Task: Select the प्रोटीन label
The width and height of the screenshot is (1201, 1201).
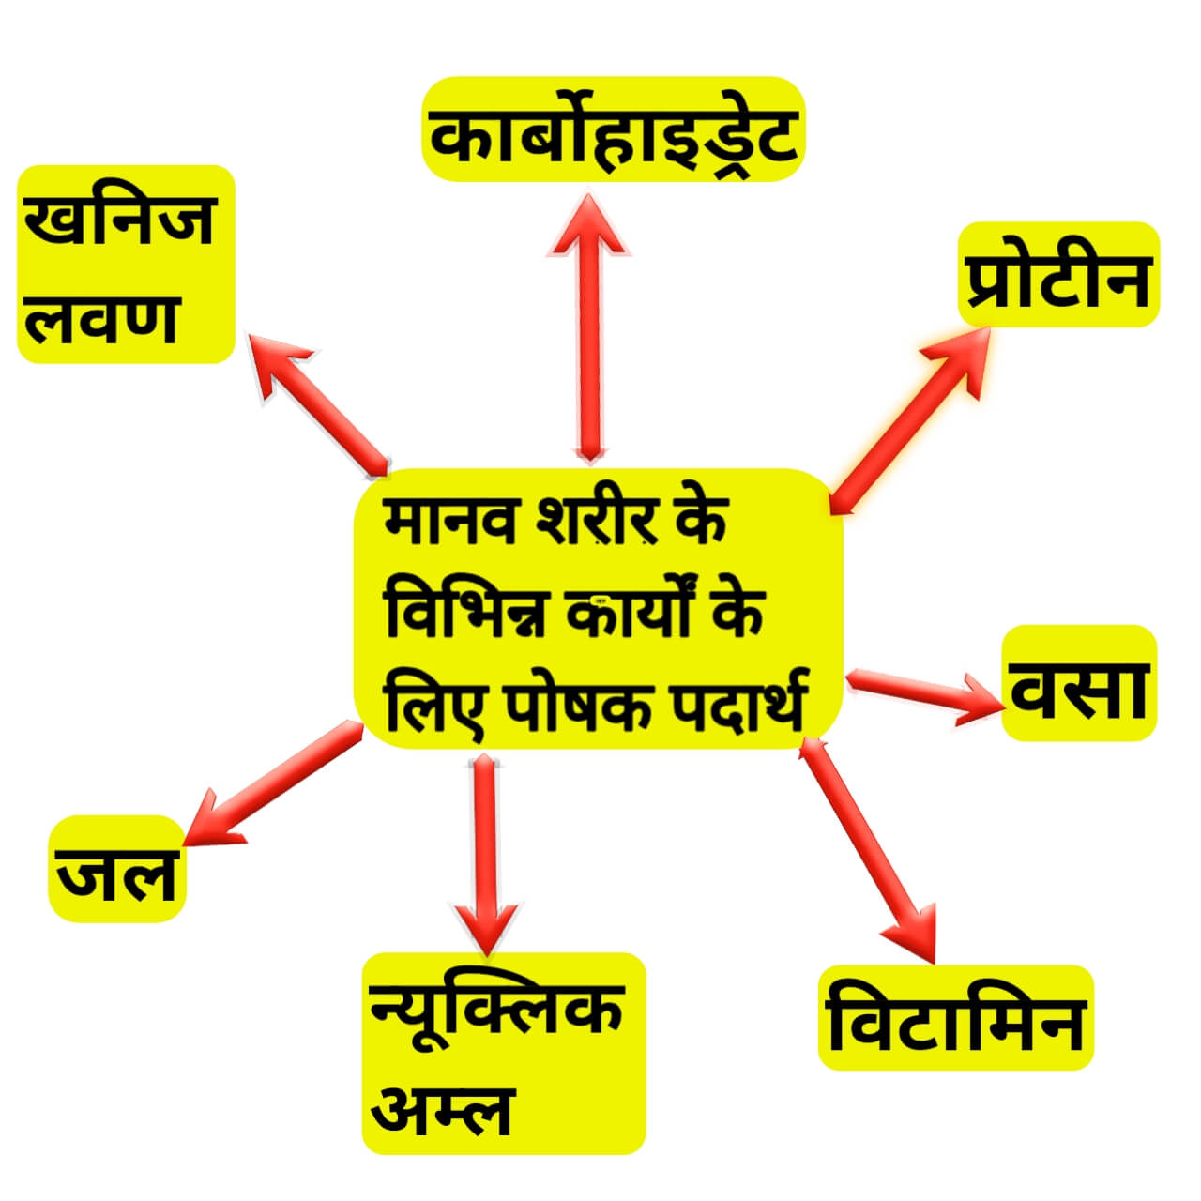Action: [1058, 275]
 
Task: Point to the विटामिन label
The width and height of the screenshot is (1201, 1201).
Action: [956, 1017]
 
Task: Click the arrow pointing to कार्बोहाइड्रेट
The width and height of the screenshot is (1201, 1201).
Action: [588, 328]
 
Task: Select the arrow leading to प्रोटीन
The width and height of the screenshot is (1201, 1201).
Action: [908, 422]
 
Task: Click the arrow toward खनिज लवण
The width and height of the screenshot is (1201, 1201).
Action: [319, 403]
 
